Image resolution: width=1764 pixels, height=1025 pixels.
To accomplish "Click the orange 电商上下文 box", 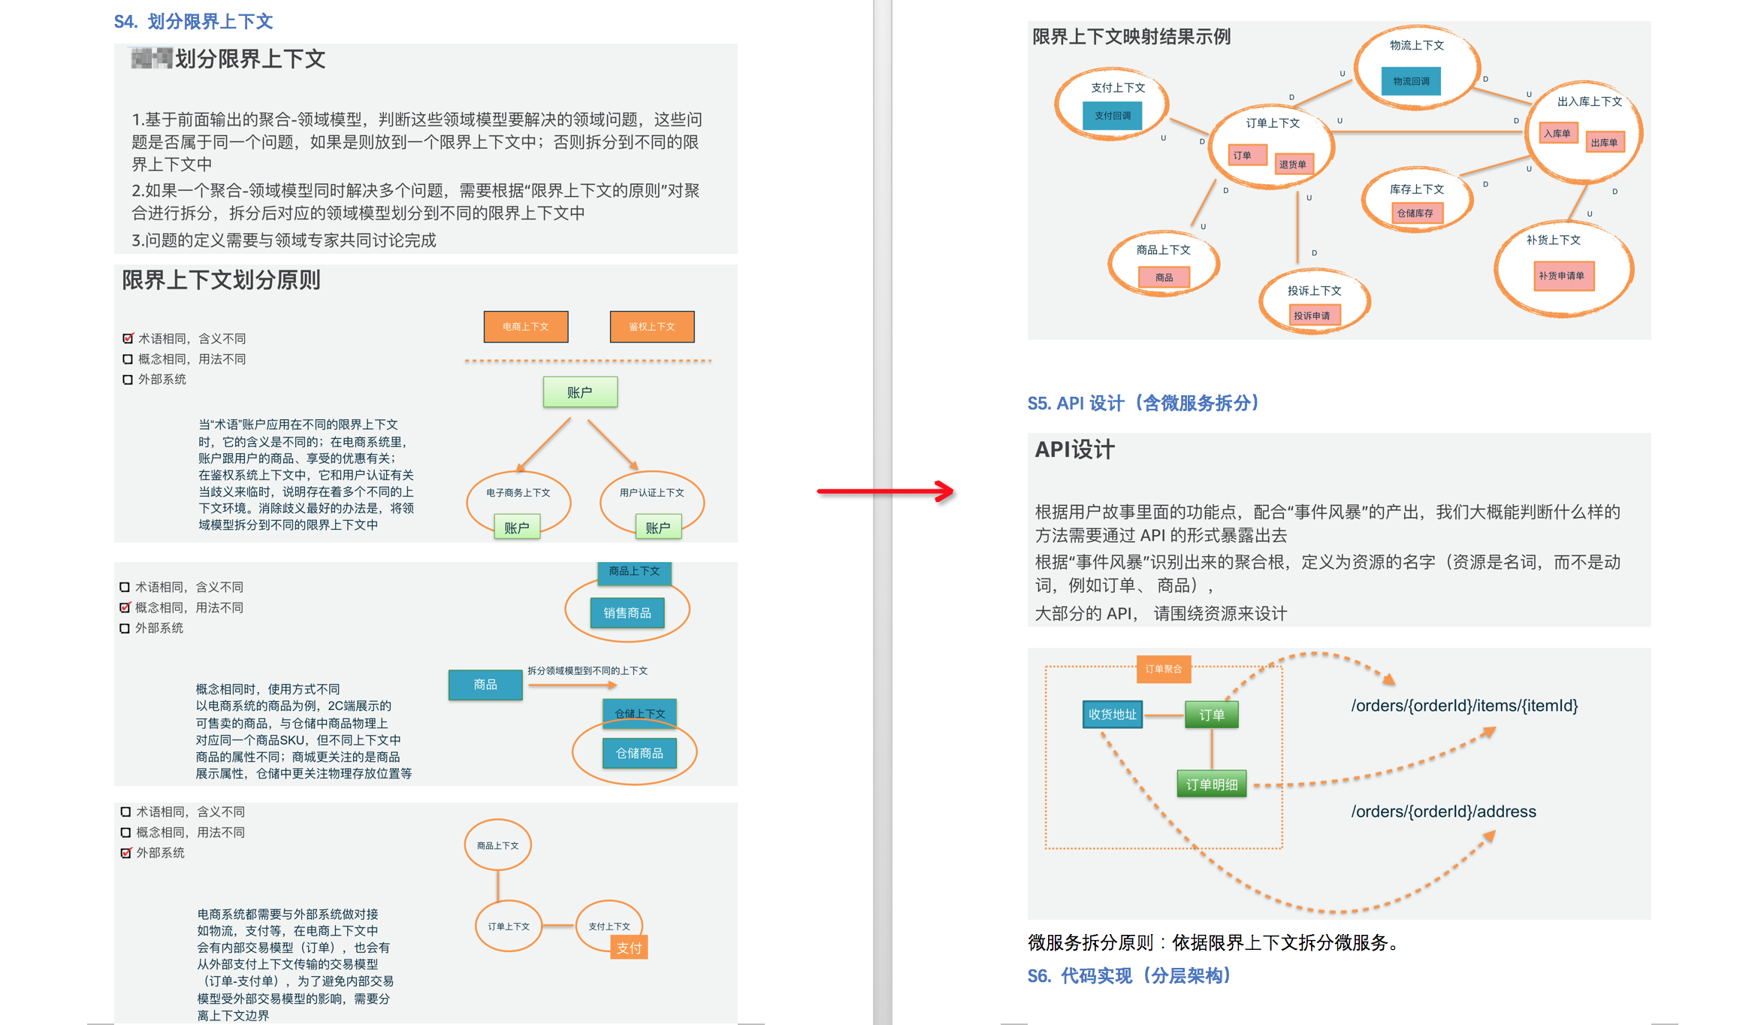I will coord(525,327).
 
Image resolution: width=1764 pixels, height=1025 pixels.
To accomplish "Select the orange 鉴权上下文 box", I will coord(651,327).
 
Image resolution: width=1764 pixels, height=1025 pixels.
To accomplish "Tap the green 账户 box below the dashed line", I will coord(580,392).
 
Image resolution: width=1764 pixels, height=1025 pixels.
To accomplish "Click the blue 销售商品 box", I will coord(627,613).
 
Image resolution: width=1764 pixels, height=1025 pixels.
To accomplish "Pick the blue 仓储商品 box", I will coord(639,753).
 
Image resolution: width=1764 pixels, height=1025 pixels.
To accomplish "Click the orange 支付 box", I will coord(629,948).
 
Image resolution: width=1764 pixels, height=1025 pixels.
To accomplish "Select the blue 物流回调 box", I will coord(1411,81).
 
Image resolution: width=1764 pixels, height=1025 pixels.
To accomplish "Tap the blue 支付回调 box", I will coord(1112,116).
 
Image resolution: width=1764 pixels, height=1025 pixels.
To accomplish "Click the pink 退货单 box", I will coord(1292,165).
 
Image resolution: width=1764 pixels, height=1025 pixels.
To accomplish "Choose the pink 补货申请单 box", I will coord(1561,276).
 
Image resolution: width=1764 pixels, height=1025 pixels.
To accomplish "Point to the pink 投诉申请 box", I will coord(1312,316).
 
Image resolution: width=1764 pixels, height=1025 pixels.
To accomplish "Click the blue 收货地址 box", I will coord(1112,715).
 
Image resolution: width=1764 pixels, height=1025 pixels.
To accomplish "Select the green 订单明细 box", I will coord(1211,785).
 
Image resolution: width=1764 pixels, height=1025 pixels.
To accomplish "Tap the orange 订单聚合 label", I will coord(1163,669).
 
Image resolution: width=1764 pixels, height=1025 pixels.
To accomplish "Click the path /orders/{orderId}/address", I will coord(1443,812).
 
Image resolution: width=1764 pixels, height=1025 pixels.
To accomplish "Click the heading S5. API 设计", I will coord(1143,404).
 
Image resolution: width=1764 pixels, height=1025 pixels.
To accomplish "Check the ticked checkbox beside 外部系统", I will coord(126,853).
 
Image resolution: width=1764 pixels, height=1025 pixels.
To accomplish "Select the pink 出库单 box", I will coord(1604,143).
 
